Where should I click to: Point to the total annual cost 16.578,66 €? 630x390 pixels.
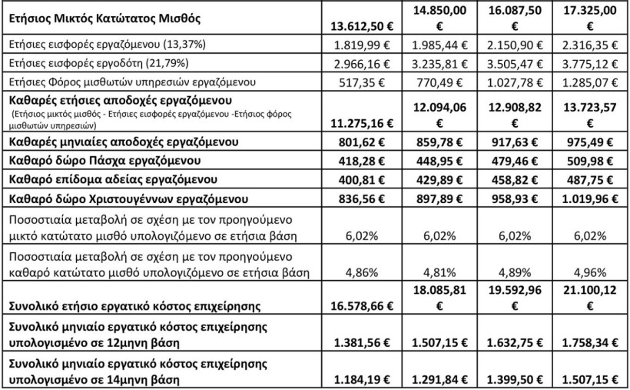[361, 305]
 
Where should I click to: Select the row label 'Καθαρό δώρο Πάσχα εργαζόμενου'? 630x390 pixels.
[94, 161]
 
